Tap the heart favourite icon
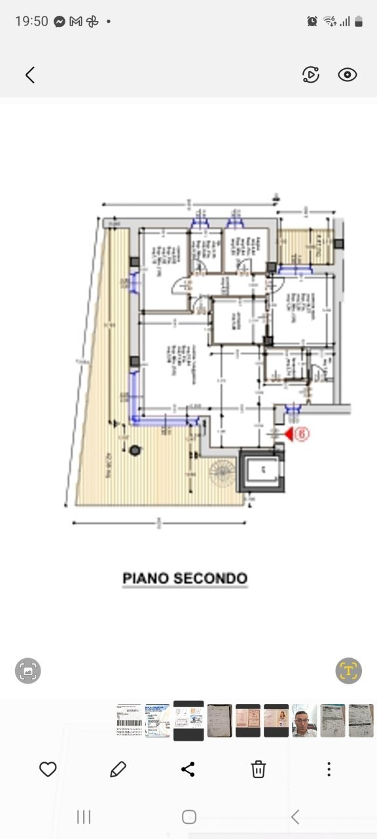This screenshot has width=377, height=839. click(x=48, y=769)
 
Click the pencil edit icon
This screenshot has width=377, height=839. click(x=118, y=769)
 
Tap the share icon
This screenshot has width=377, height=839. click(x=188, y=769)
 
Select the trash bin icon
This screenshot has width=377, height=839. click(x=259, y=769)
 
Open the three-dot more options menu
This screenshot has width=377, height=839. click(x=329, y=769)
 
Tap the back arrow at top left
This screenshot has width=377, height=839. click(x=29, y=75)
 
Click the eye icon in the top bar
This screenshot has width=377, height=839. click(x=347, y=75)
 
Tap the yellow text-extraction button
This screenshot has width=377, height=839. click(x=348, y=671)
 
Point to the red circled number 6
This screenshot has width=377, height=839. click(x=302, y=433)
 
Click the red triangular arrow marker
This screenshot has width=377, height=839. click(x=289, y=433)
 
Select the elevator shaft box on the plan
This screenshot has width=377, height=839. click(x=262, y=470)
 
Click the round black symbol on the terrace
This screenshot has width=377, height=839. click(x=135, y=450)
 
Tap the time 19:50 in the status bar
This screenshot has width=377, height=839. click(x=31, y=21)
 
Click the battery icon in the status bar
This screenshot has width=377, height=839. click(x=358, y=21)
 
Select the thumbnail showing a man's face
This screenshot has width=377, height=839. click(x=304, y=720)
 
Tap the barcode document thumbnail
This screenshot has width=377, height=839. click(x=129, y=720)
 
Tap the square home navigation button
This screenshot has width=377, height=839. click(x=188, y=817)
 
